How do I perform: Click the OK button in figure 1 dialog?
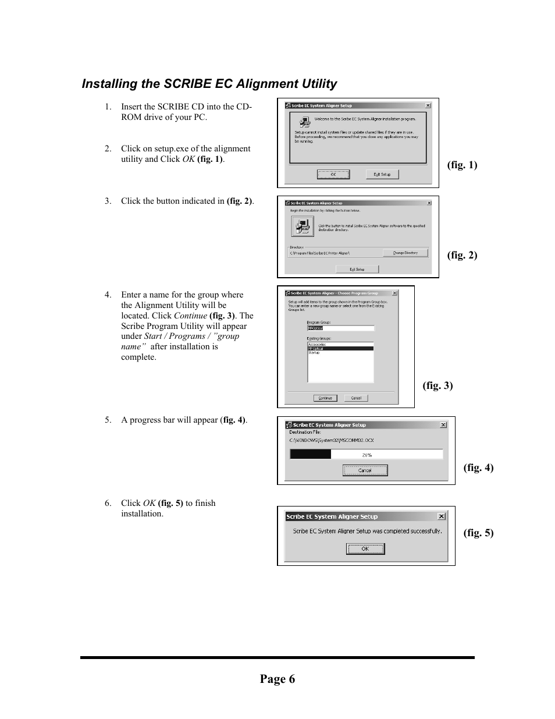[x=333, y=174]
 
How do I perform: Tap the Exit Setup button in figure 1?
[x=382, y=174]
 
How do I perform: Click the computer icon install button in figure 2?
[x=303, y=226]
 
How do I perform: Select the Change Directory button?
[x=405, y=253]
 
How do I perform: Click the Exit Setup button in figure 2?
[x=357, y=269]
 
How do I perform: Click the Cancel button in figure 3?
[x=356, y=398]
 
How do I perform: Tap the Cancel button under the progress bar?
[x=365, y=470]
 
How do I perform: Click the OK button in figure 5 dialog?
[x=365, y=548]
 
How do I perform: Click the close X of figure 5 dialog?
[x=442, y=516]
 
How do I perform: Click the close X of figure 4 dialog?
[x=443, y=425]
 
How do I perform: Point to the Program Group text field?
[x=340, y=328]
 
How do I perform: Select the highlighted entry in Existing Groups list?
[x=340, y=349]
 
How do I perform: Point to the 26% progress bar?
[x=367, y=455]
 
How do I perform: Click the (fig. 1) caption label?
[x=462, y=165]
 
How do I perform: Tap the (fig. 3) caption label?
[x=437, y=385]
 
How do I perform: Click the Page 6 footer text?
[x=277, y=679]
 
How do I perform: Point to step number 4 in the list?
[x=108, y=295]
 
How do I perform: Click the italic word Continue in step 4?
[x=190, y=316]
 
